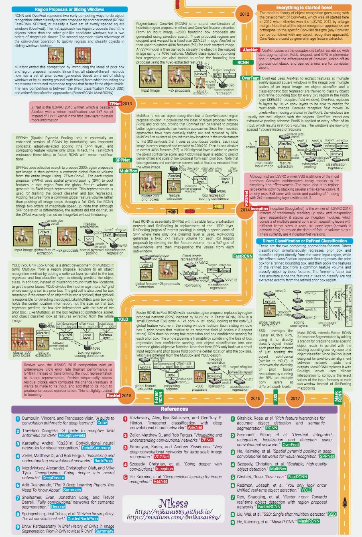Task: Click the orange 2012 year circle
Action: [244, 14]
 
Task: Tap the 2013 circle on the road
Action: [127, 104]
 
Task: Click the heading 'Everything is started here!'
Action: [304, 8]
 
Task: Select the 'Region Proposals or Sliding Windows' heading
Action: [69, 9]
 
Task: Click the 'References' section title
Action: [174, 409]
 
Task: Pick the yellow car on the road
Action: [219, 206]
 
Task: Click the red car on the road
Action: [188, 211]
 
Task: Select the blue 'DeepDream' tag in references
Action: [53, 478]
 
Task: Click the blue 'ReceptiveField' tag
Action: [72, 435]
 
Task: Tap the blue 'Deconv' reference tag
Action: [58, 507]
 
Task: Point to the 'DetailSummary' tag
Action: [96, 447]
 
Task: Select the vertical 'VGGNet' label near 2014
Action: [246, 198]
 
